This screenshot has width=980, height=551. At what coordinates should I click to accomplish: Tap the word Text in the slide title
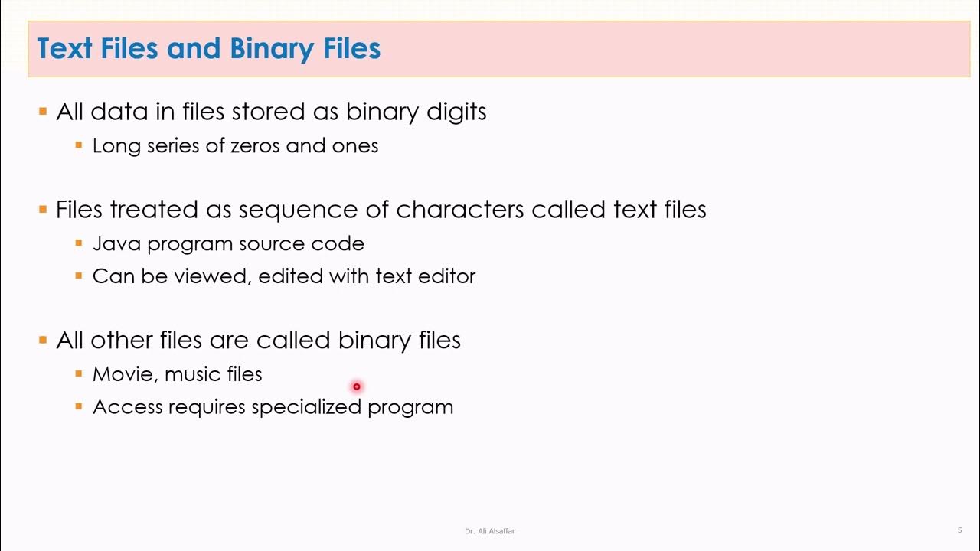coord(64,49)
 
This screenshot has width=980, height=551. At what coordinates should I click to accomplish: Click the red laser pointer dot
coord(356,386)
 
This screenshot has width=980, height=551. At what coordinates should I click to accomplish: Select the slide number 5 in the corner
coord(959,530)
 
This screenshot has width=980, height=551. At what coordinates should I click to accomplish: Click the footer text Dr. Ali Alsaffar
coord(489,530)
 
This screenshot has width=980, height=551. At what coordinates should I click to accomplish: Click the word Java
coord(116,243)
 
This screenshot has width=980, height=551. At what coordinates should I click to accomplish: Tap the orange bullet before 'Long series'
coord(78,144)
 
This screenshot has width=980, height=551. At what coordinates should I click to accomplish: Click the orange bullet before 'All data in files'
coord(43,112)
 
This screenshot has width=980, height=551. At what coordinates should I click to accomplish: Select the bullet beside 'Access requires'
coord(78,406)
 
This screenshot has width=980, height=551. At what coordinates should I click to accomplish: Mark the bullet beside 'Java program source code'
coord(78,243)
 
